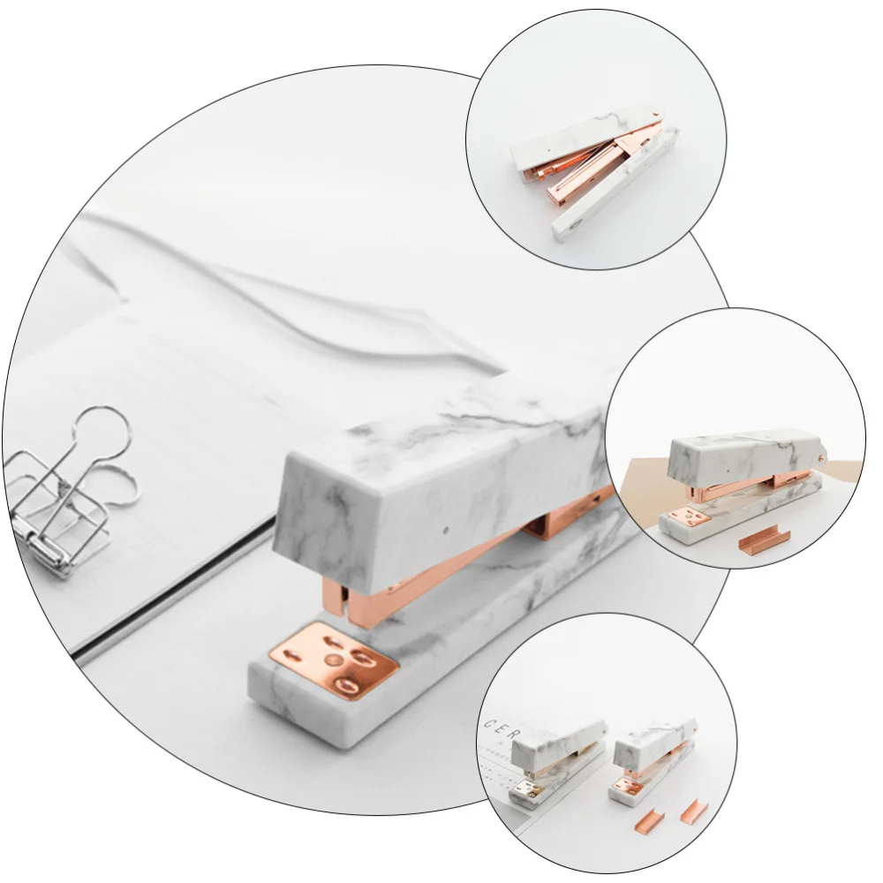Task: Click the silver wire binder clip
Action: (66, 494)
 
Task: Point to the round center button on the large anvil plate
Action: (333, 660)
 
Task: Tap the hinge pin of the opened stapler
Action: (655, 114)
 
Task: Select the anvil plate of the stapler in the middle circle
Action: (683, 519)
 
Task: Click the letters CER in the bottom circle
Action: (497, 727)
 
